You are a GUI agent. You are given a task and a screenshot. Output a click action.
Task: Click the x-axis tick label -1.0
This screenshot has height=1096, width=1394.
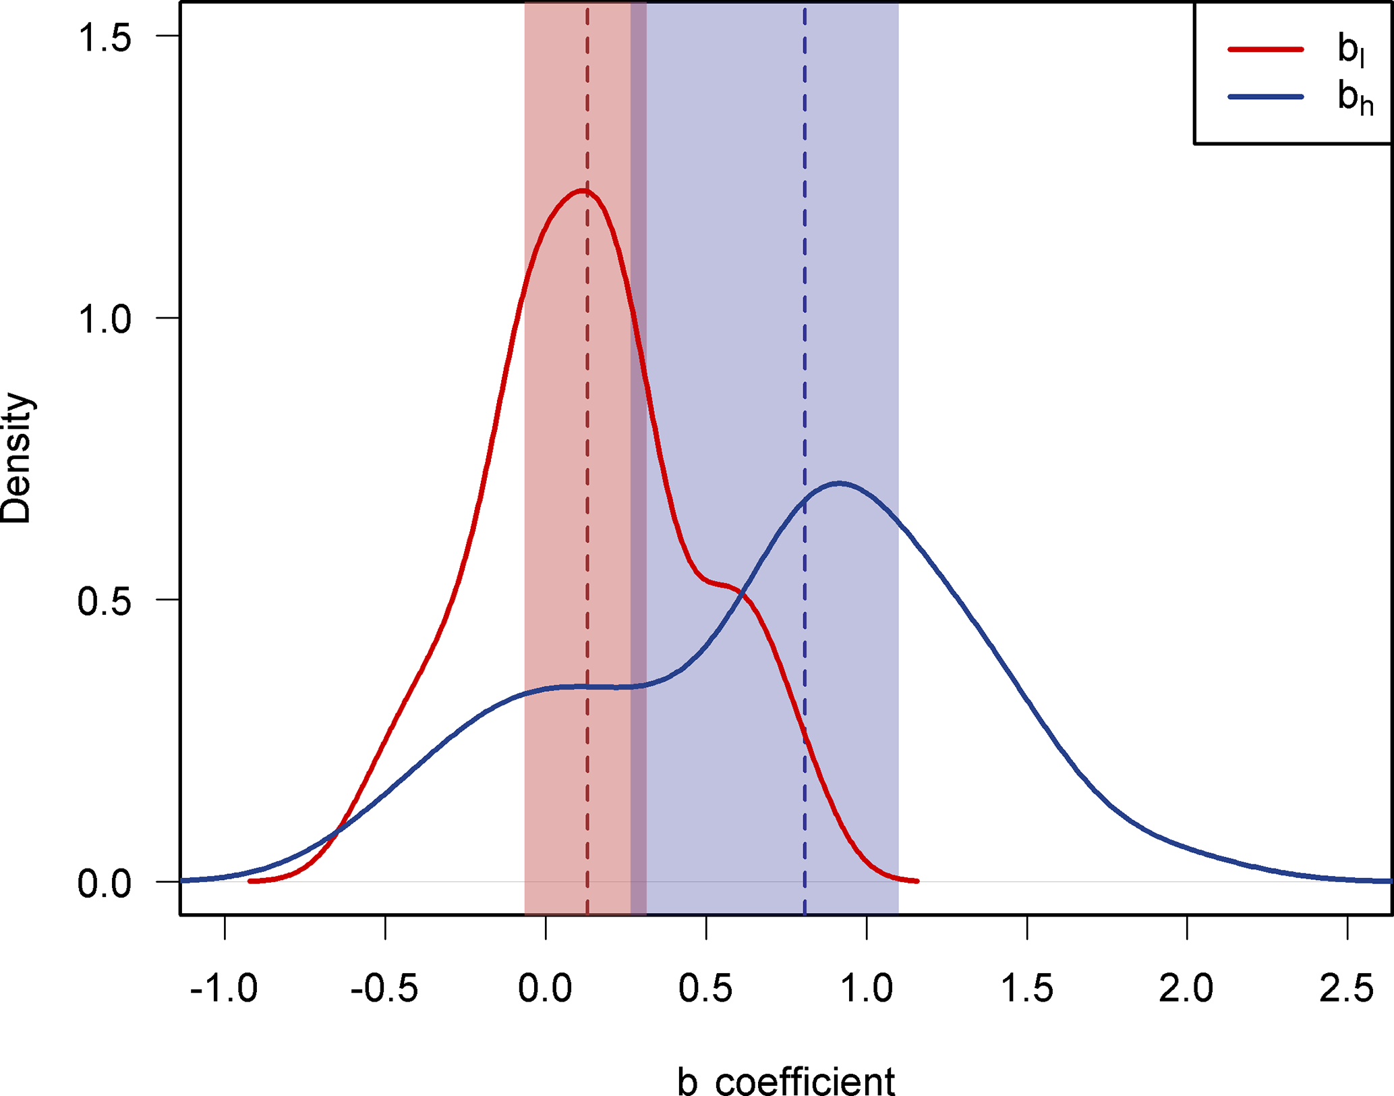(x=224, y=989)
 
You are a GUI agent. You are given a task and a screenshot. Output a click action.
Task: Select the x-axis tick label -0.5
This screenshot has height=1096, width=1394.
(x=384, y=989)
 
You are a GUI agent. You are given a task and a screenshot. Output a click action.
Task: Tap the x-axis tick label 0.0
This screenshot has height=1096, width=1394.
(x=545, y=989)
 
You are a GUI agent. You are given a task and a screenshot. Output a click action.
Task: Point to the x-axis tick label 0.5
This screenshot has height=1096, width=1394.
(x=705, y=989)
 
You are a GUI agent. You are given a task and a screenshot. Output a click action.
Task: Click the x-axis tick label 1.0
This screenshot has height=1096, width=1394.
(x=867, y=989)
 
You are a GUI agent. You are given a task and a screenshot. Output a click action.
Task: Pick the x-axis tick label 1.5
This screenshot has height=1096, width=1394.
(x=1026, y=989)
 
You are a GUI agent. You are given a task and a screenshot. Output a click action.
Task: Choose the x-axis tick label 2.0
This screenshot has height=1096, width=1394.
(x=1187, y=989)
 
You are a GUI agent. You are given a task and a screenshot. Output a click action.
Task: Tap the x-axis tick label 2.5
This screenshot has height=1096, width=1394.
(x=1347, y=989)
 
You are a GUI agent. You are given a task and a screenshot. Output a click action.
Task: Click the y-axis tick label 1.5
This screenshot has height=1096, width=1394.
(x=105, y=37)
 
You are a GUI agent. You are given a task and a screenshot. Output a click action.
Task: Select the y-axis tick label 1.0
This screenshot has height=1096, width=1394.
(x=105, y=319)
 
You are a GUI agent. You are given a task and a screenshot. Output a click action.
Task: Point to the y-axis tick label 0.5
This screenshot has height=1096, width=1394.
(x=105, y=601)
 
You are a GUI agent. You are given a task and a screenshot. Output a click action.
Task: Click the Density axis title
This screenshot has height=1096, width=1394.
(x=16, y=458)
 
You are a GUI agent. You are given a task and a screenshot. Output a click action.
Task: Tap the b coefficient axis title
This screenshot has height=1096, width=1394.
(x=786, y=1080)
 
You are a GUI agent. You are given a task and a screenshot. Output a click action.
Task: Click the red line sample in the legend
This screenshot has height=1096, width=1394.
(x=1266, y=49)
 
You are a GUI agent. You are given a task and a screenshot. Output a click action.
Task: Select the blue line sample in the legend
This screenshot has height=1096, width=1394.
(x=1266, y=97)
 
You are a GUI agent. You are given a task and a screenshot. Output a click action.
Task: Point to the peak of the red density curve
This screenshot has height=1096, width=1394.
(x=582, y=191)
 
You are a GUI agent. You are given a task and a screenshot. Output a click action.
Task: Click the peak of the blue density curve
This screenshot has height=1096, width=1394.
(x=838, y=483)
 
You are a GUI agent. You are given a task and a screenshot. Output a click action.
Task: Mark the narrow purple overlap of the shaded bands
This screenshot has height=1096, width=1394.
(x=638, y=459)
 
